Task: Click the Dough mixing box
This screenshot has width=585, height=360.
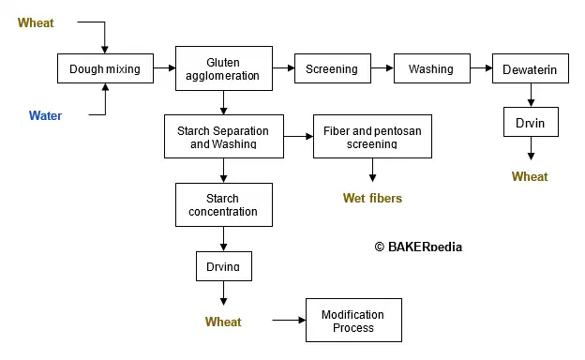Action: click(104, 68)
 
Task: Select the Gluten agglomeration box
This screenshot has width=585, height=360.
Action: click(224, 68)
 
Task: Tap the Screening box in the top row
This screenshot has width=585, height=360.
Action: click(331, 68)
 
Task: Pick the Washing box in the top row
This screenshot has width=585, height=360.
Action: click(430, 68)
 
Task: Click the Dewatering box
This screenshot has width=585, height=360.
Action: click(532, 68)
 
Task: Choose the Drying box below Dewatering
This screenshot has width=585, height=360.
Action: click(532, 122)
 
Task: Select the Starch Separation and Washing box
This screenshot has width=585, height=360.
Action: click(223, 138)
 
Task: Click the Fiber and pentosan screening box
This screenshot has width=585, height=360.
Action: click(372, 138)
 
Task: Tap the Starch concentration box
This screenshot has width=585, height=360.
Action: click(223, 205)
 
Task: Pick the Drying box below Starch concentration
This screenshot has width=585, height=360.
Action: click(223, 266)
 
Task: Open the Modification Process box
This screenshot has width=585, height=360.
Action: click(353, 321)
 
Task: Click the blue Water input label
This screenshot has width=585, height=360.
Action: click(45, 116)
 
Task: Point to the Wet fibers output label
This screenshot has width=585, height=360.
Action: click(372, 198)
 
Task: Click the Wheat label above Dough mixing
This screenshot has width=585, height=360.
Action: click(36, 22)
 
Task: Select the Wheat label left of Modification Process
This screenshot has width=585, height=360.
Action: click(223, 322)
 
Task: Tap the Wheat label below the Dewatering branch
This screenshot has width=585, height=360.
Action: click(530, 176)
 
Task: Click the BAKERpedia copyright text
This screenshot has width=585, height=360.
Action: click(418, 247)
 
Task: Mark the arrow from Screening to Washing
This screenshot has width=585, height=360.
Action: click(382, 68)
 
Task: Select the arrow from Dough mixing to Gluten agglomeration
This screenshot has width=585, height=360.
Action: click(164, 68)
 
